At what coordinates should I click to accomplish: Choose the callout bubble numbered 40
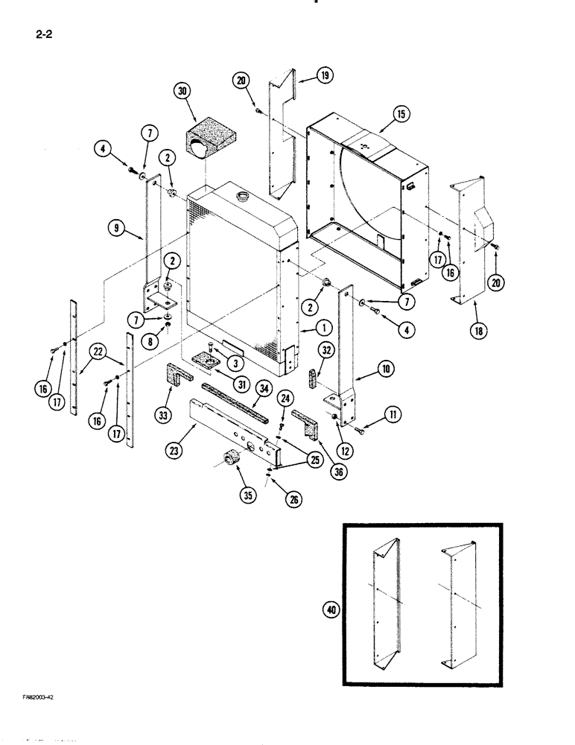coord(328,609)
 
